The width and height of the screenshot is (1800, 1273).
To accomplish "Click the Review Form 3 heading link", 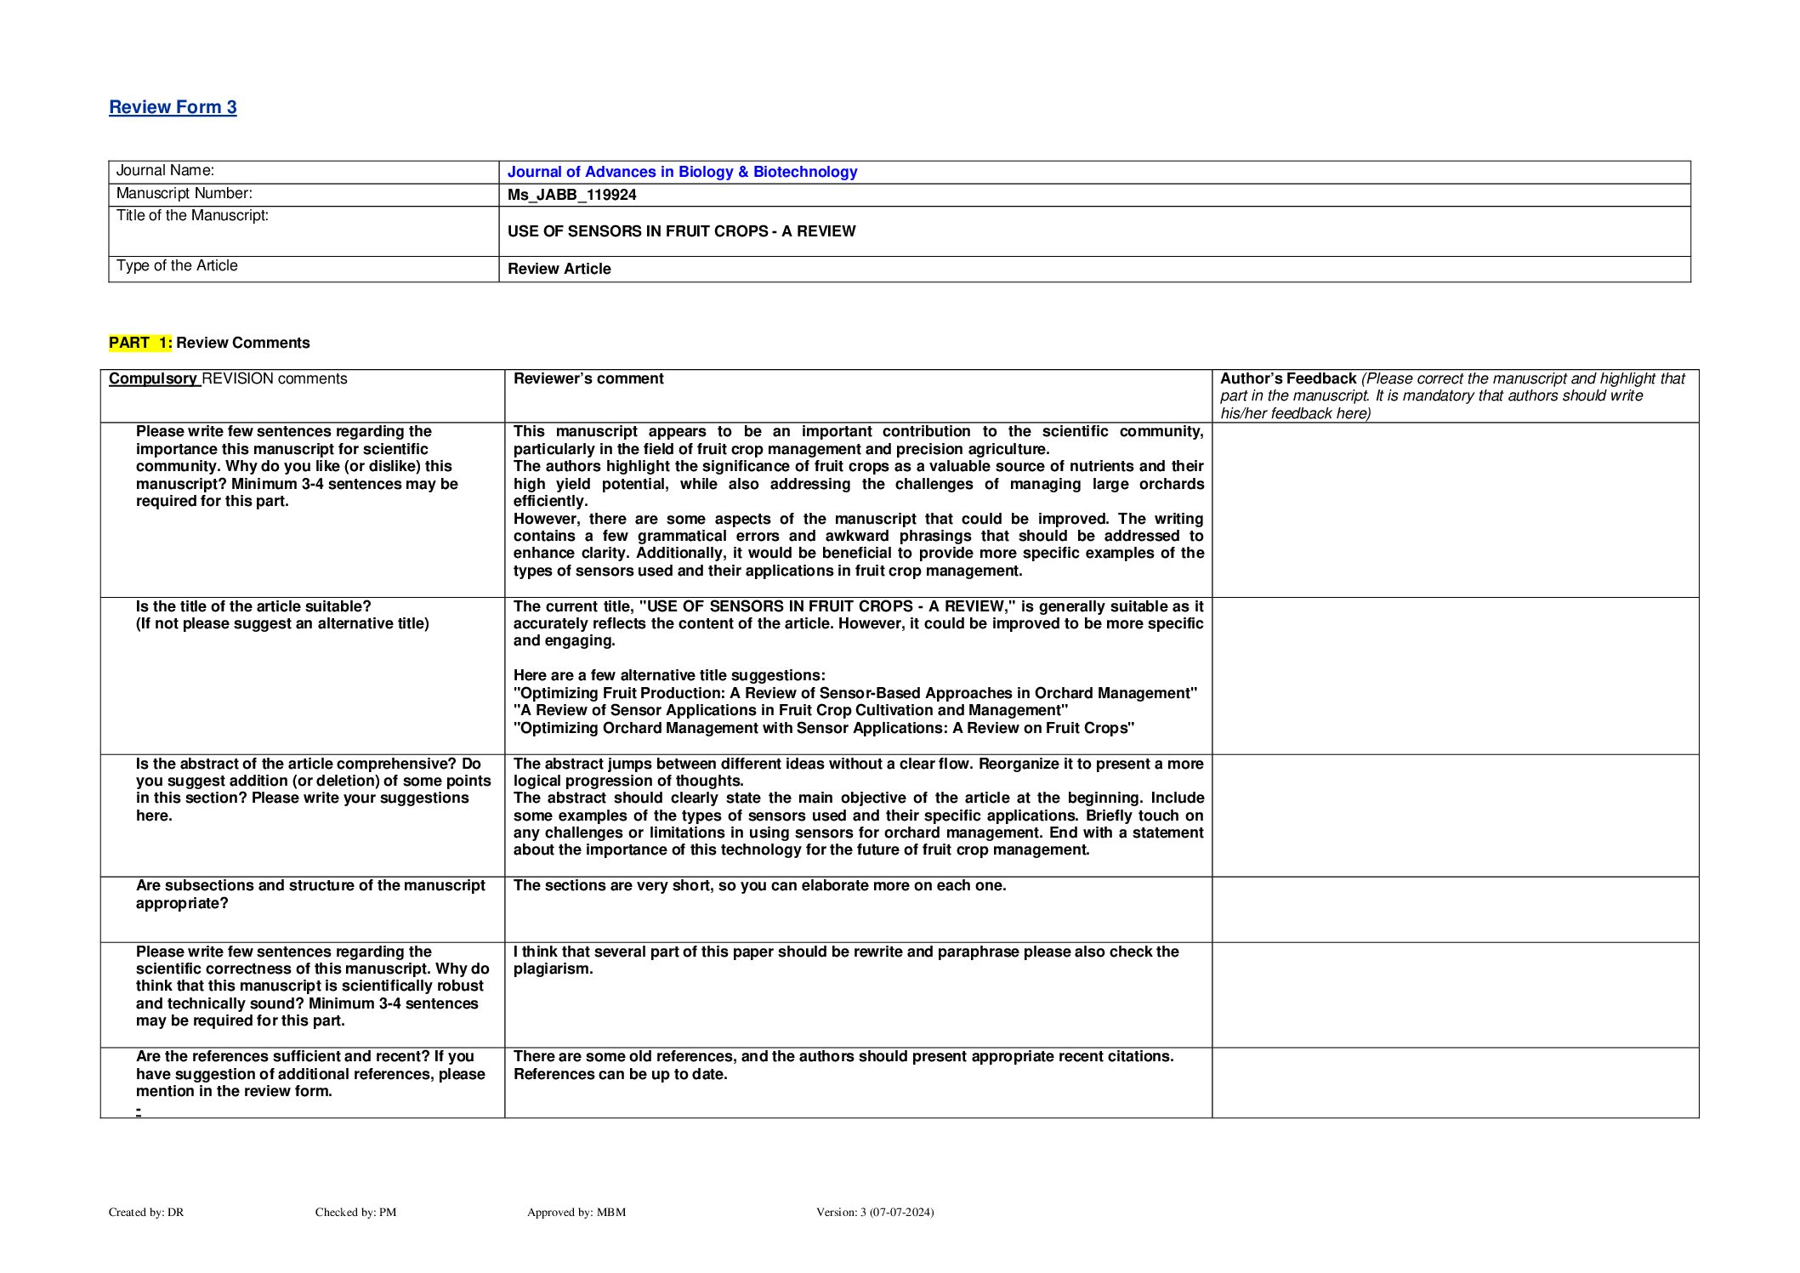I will coord(173,107).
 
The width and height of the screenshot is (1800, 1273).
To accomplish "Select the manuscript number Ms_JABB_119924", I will coord(571,195).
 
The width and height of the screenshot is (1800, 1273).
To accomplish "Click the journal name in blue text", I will coord(682,172).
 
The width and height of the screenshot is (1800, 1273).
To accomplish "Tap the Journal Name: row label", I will coord(165,171).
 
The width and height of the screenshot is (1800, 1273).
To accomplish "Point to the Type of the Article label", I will coord(177,266).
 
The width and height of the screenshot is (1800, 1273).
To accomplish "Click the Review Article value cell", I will coord(559,269).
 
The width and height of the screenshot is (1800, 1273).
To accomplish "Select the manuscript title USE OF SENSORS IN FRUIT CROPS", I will coord(681,231).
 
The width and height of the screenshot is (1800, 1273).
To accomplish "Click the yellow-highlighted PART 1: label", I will coord(140,343).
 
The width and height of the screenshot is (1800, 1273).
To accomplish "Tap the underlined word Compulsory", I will coord(153,378).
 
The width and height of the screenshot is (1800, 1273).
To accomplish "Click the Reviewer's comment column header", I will coord(588,378).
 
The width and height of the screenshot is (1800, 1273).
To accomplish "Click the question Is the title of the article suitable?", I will coord(253,606).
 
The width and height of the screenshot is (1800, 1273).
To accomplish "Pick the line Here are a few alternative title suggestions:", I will coord(669,675).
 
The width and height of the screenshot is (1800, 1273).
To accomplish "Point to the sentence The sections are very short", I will coord(759,885).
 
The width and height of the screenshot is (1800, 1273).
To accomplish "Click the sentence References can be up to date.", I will coord(620,1074).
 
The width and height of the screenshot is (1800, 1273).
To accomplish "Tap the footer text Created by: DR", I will coord(146,1212).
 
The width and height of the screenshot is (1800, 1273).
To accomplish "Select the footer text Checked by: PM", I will coord(355,1212).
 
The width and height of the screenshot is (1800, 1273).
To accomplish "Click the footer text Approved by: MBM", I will coord(576,1212).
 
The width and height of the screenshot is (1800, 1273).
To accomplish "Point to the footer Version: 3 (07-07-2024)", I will coord(874,1212).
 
